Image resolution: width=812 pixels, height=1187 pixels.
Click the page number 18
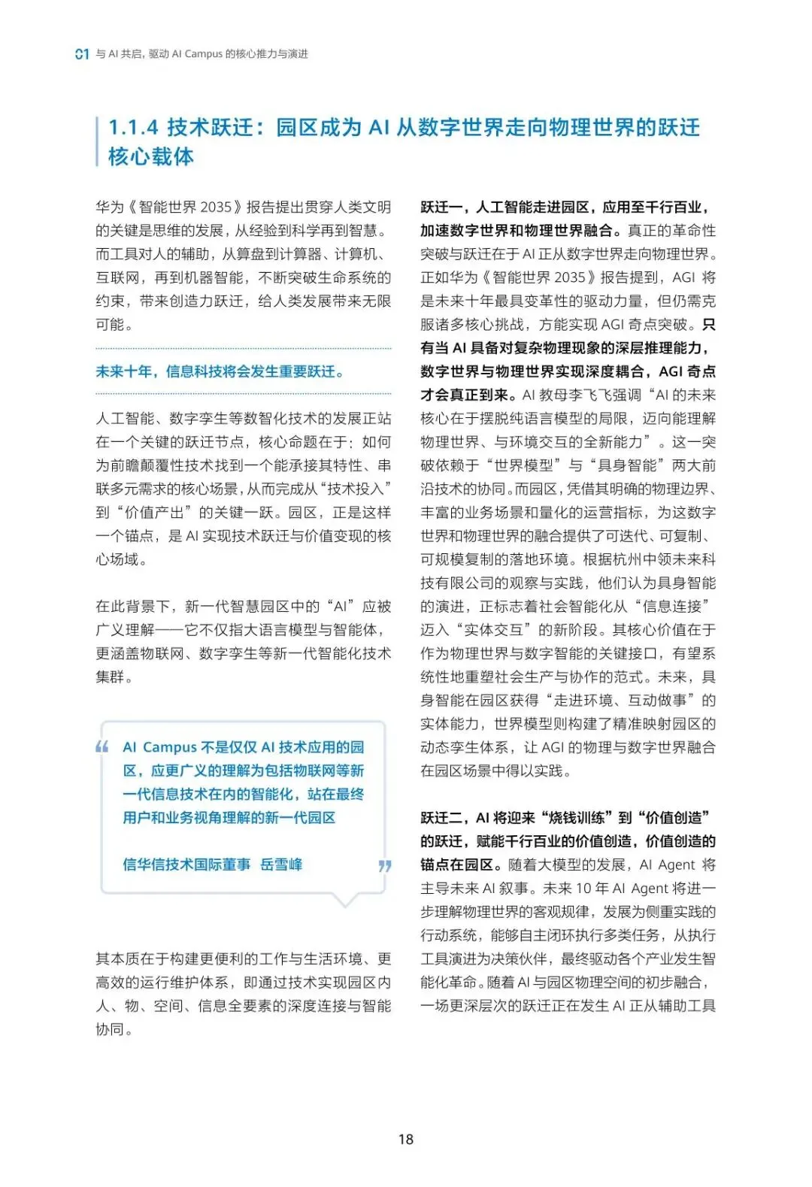(406, 1139)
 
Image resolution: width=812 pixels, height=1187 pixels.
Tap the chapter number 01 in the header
(83, 54)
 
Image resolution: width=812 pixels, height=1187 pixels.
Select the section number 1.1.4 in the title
(133, 128)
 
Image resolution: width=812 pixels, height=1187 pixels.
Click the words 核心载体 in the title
(151, 157)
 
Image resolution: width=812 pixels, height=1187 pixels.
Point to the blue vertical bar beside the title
(98, 141)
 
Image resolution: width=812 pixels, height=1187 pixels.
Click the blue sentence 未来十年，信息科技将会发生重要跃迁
(219, 371)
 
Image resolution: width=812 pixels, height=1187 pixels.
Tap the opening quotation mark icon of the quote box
(102, 747)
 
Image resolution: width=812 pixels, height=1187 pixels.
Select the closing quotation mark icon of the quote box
(385, 865)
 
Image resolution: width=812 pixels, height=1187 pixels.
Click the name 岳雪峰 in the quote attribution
(281, 865)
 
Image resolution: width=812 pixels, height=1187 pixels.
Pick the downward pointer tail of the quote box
(346, 900)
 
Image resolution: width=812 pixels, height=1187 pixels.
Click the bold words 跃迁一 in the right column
(441, 207)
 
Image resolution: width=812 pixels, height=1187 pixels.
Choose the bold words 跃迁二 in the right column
(441, 818)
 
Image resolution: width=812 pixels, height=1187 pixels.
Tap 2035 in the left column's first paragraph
(215, 207)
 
